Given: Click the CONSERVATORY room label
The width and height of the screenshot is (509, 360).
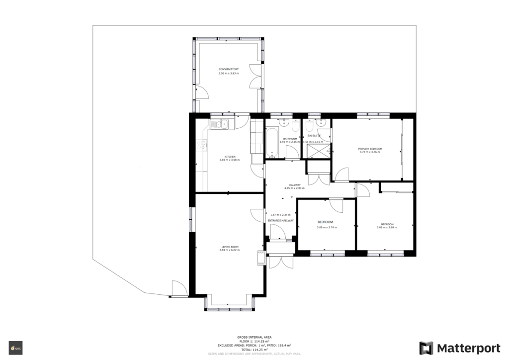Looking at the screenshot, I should tap(229, 69).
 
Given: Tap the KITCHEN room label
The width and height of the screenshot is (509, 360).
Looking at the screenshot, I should tap(229, 157).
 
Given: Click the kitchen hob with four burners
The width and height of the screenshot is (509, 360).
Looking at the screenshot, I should tap(202, 145).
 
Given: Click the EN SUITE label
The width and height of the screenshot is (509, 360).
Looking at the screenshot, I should tap(314, 136).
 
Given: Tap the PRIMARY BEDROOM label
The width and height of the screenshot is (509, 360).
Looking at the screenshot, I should tap(370, 149).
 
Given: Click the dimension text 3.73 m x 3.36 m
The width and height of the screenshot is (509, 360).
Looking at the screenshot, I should tap(370, 152).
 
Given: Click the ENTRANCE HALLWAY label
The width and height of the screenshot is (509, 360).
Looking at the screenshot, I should tap(281, 220).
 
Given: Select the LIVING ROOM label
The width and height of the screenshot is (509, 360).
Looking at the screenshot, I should tap(230, 247).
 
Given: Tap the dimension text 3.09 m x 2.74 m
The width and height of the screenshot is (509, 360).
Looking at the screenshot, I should tap(327, 227).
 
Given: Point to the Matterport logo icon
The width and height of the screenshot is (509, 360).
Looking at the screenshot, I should tap(426, 348).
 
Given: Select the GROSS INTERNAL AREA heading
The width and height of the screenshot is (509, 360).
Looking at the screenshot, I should tap(254, 337).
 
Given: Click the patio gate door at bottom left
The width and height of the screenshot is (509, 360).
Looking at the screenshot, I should tap(179, 289).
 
